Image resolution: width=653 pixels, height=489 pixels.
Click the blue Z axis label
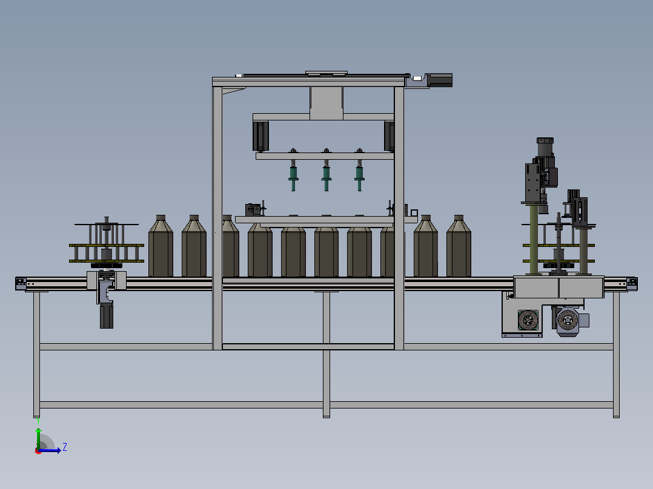pyautogui.click(x=65, y=447)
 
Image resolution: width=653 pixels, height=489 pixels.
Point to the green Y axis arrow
pyautogui.click(x=38, y=438)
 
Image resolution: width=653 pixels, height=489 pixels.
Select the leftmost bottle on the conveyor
pyautogui.click(x=161, y=246)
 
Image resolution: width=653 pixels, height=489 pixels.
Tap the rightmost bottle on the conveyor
pyautogui.click(x=459, y=246)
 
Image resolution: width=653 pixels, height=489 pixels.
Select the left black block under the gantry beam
pyautogui.click(x=260, y=136)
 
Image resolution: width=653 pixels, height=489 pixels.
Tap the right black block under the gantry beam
pyautogui.click(x=389, y=136)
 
